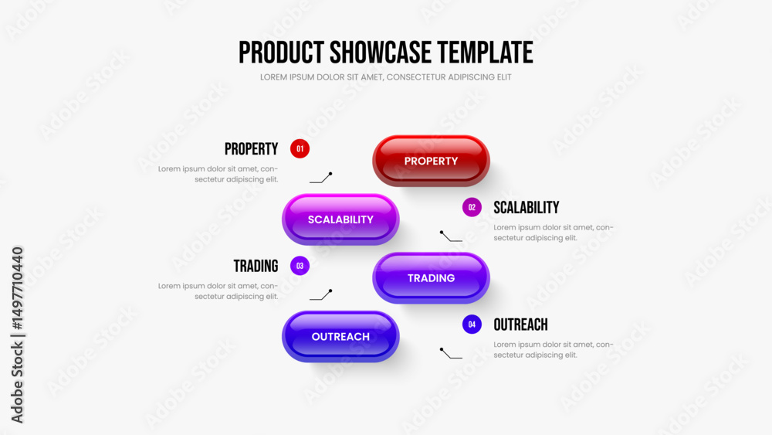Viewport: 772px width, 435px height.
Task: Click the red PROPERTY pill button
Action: [x=431, y=161]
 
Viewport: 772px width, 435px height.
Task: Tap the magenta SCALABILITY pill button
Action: [x=340, y=219]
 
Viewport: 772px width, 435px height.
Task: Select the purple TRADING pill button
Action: [x=431, y=278]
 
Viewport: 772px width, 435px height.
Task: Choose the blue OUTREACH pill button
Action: [x=340, y=336]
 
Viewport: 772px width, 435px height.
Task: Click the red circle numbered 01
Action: [x=300, y=149]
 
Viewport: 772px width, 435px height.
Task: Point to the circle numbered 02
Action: [x=472, y=207]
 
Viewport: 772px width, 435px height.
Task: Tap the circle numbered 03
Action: [x=300, y=266]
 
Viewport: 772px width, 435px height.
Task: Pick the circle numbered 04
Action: [x=472, y=325]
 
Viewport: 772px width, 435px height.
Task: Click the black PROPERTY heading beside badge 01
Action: [x=251, y=149]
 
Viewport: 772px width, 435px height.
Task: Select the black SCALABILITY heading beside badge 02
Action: [x=527, y=207]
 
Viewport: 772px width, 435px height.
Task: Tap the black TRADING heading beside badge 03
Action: [x=256, y=266]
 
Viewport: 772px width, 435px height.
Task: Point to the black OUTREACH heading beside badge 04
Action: [x=520, y=325]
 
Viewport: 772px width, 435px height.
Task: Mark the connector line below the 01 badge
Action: [x=321, y=178]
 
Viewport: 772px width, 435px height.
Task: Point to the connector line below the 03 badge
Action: [x=321, y=295]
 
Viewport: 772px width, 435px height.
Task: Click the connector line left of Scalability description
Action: [x=451, y=236]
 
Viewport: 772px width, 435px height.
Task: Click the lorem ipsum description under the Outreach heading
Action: [x=554, y=349]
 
